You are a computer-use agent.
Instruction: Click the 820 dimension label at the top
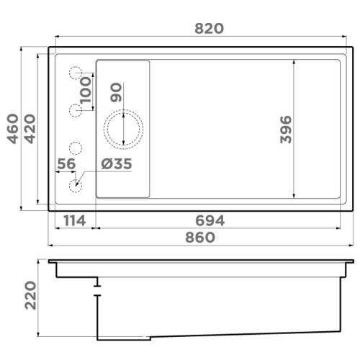[209, 28]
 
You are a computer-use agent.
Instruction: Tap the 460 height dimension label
[13, 129]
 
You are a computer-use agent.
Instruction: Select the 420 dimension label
[30, 129]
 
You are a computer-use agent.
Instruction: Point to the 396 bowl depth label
[286, 130]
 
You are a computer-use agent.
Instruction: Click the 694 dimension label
[210, 220]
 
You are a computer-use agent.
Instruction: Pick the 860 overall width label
[200, 237]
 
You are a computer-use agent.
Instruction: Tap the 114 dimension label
[75, 220]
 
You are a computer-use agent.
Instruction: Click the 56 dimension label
[66, 163]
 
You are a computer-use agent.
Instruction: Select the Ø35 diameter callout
[117, 163]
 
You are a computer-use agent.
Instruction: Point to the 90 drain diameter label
[116, 92]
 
